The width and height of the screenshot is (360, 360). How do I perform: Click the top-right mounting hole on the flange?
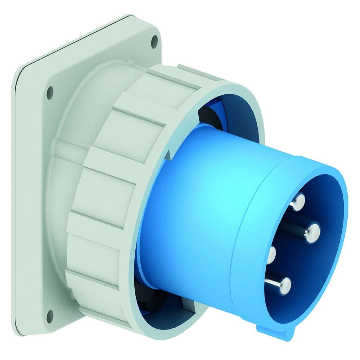154,42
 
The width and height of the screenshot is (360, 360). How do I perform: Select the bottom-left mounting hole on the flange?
50,316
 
